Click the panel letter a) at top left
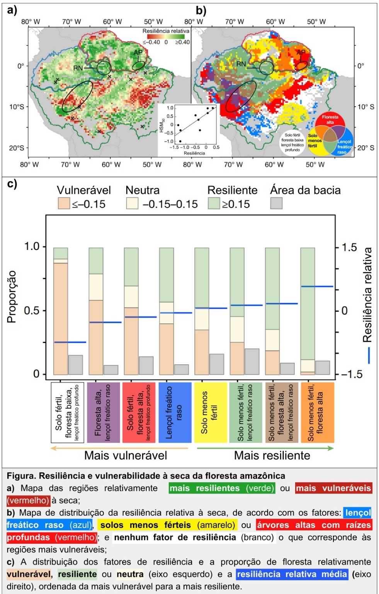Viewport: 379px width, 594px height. [x=12, y=10]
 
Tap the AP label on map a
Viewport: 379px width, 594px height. [x=138, y=53]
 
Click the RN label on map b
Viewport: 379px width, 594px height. [x=241, y=64]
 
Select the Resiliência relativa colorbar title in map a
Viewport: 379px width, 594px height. [x=166, y=31]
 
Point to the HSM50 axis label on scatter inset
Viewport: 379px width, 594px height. [x=162, y=125]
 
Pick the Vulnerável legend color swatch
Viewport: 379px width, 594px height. [x=64, y=203]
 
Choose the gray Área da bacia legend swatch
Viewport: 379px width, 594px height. [x=276, y=203]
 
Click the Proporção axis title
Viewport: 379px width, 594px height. [x=12, y=297]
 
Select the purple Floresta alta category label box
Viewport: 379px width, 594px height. [x=103, y=412]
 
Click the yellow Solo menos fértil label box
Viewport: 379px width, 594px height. [x=210, y=412]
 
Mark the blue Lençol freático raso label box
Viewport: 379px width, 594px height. [x=175, y=412]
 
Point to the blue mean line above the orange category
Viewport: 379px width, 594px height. [x=317, y=287]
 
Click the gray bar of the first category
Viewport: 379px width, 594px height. [x=76, y=365]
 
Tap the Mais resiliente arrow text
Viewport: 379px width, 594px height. [x=272, y=455]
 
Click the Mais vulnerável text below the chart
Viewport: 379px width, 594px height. [x=126, y=455]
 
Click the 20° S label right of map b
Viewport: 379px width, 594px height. [x=365, y=148]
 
